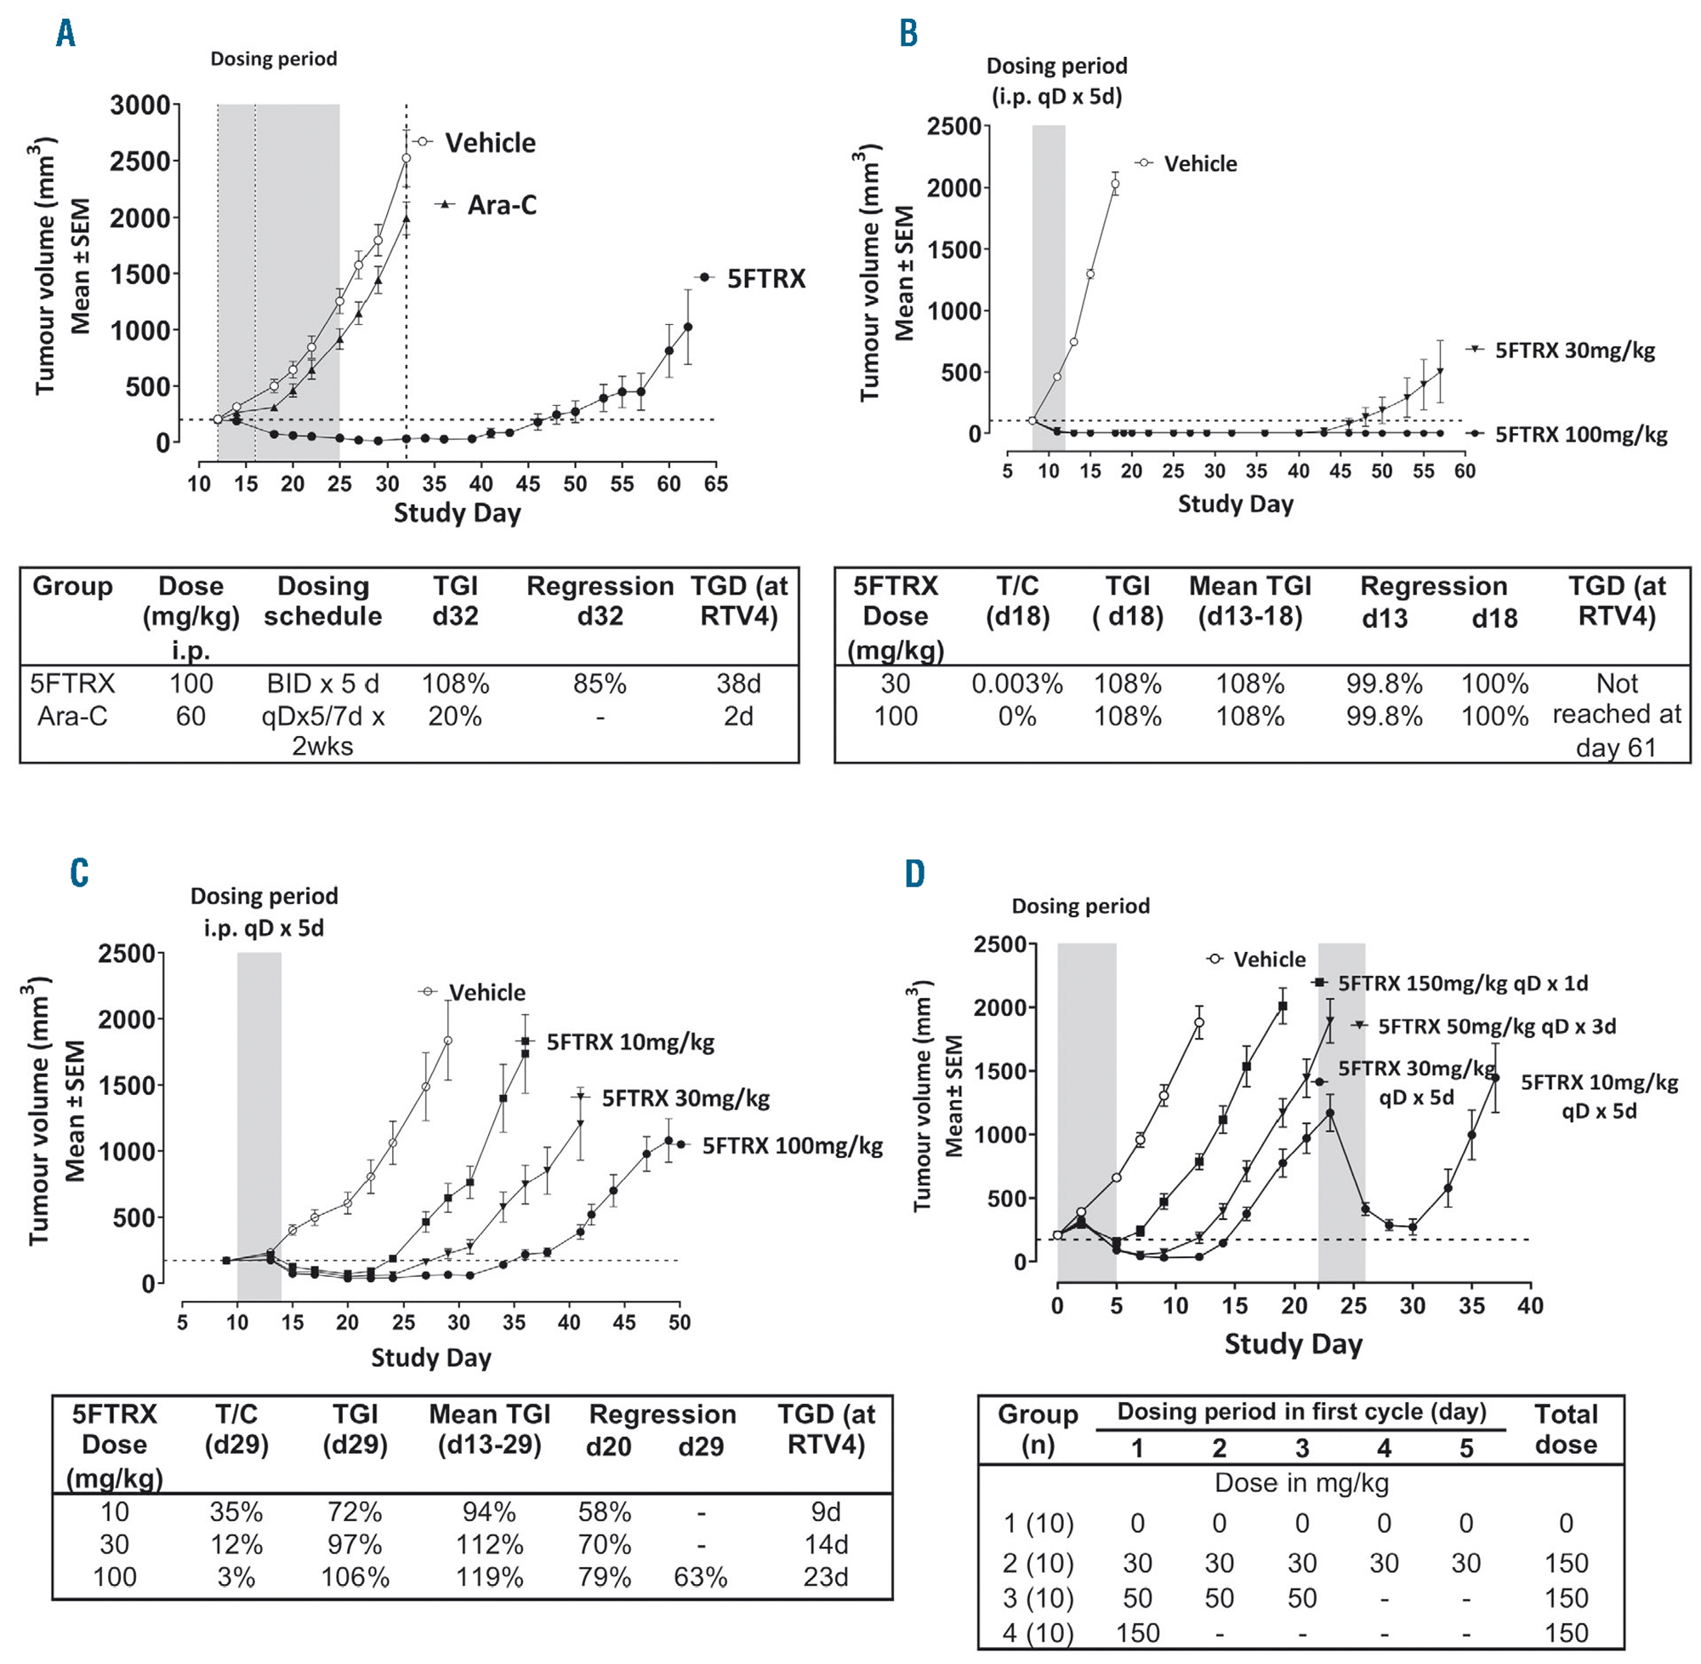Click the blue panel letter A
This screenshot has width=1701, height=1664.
tap(65, 34)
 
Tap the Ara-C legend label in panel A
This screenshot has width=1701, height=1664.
tap(502, 204)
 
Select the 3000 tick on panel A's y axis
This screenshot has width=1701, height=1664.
tap(139, 105)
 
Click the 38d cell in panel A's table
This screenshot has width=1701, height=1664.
tap(738, 683)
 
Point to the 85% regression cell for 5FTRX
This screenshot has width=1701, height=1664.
tap(600, 683)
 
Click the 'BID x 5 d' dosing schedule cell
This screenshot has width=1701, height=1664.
tap(322, 683)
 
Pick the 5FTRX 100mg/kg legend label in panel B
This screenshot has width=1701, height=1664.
tap(1580, 435)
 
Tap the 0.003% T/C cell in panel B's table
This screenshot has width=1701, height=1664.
tap(1017, 683)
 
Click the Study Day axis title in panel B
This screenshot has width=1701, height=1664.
tap(1234, 504)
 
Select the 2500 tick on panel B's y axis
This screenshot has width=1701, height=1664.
tap(954, 127)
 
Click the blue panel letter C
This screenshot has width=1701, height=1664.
tap(79, 873)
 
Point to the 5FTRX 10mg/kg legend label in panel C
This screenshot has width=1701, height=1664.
tap(630, 1042)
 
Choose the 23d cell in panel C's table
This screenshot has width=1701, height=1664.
tap(826, 1576)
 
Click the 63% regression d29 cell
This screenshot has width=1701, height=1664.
tap(701, 1576)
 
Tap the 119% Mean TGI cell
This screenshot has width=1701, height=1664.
tap(489, 1576)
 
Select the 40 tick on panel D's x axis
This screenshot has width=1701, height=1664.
tap(1531, 1306)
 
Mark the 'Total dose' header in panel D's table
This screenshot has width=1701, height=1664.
tap(1566, 1429)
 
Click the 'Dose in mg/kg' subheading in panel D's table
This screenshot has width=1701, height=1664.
tap(1301, 1482)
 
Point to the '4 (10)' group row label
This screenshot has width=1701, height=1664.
tap(1038, 1633)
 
